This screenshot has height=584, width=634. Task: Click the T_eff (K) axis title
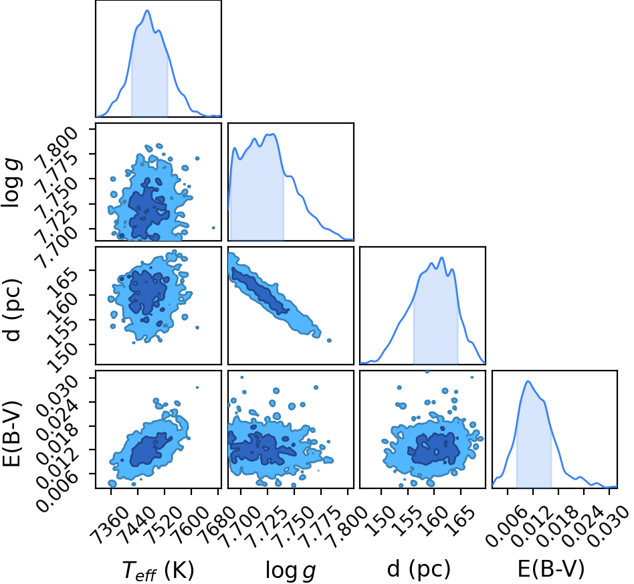(158, 571)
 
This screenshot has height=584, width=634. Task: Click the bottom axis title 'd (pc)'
(419, 569)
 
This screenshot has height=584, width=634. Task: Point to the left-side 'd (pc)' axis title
(12, 310)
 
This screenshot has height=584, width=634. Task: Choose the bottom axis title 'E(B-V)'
(551, 569)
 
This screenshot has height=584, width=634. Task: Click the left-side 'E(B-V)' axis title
(11, 433)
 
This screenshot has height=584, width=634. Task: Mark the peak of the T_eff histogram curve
(147, 11)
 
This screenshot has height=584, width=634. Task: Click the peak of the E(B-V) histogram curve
(528, 381)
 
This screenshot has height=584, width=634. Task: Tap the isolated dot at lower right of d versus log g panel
(329, 340)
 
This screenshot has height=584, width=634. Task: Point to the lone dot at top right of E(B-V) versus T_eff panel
(197, 387)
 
